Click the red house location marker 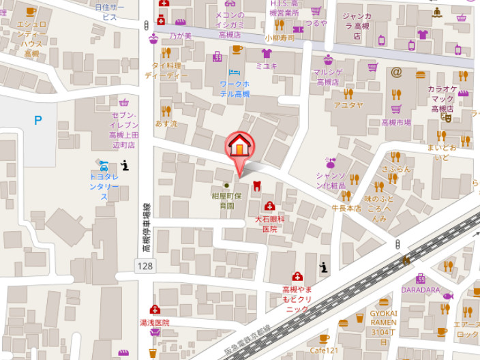pos(239,146)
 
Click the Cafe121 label pos(323,350)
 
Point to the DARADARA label pos(420,289)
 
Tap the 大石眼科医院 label pos(270,224)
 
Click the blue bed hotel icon pos(235,72)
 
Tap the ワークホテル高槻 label pos(235,89)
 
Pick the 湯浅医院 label pos(155,322)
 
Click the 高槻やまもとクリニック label pos(297,299)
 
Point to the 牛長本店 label pos(346,208)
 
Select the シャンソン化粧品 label pos(331,179)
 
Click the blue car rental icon pos(103,166)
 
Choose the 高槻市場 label pos(396,123)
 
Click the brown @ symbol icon pos(396,72)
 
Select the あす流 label pos(166,123)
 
